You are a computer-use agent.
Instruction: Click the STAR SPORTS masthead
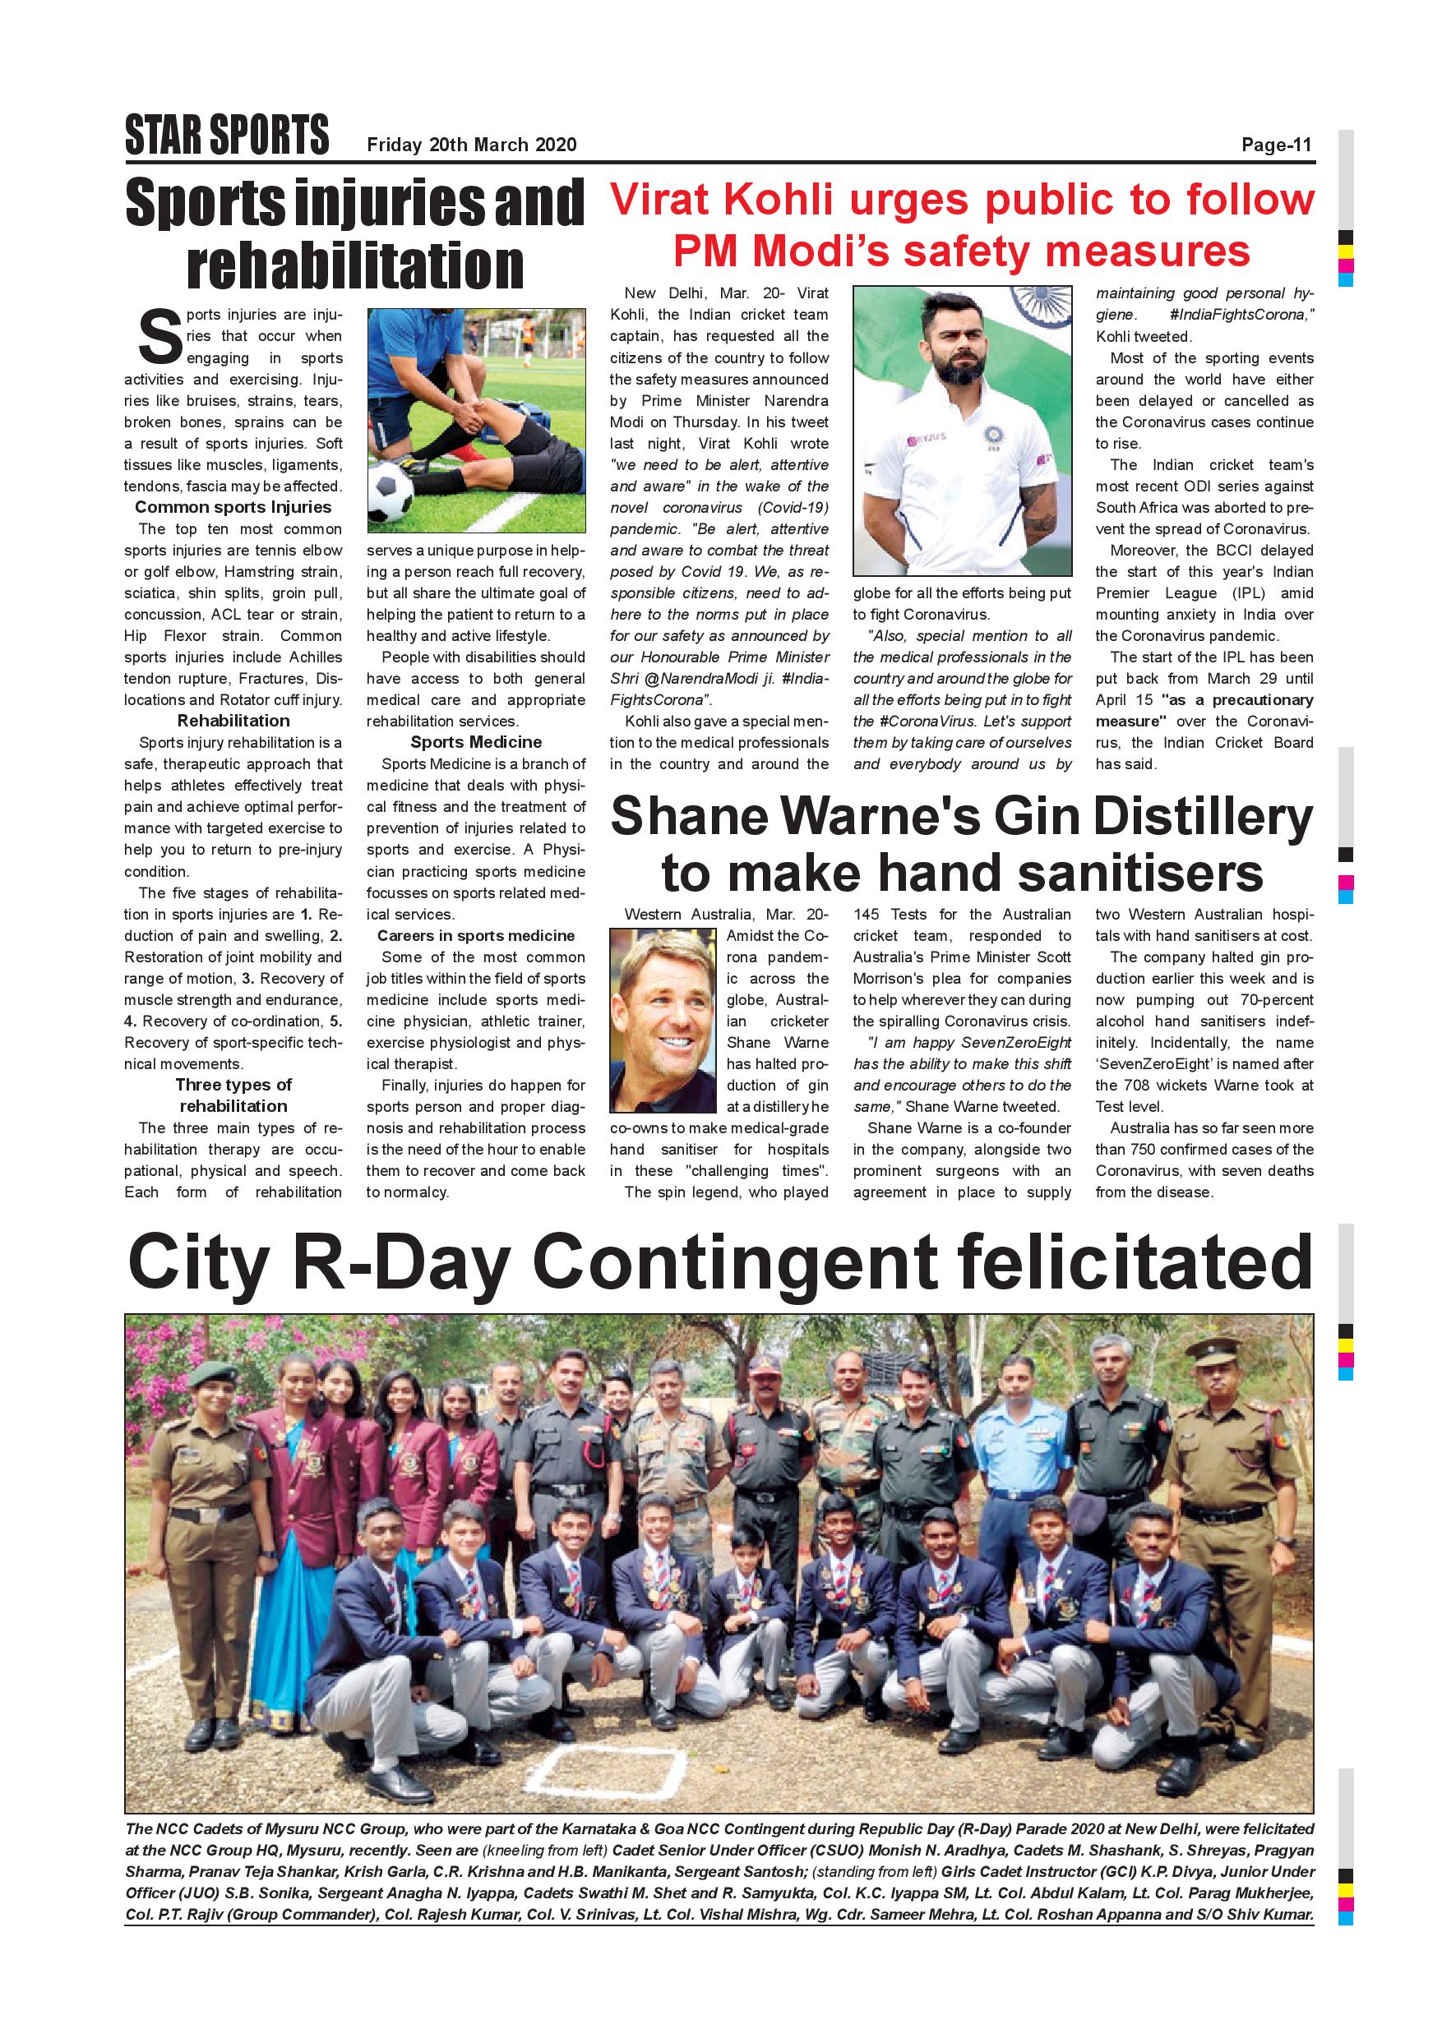tap(226, 136)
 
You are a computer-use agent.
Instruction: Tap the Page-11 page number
tap(1276, 145)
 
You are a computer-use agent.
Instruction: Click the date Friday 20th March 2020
tap(472, 145)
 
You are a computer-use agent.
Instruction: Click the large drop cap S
tap(159, 337)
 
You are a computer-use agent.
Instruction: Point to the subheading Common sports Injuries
tap(233, 507)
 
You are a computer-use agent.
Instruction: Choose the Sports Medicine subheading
tap(475, 742)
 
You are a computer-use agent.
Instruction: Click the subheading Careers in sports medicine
tap(475, 935)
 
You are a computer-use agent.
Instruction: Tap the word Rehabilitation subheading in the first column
tap(233, 721)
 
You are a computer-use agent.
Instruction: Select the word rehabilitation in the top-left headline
tap(355, 265)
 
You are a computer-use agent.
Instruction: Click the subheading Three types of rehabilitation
tap(233, 1095)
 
